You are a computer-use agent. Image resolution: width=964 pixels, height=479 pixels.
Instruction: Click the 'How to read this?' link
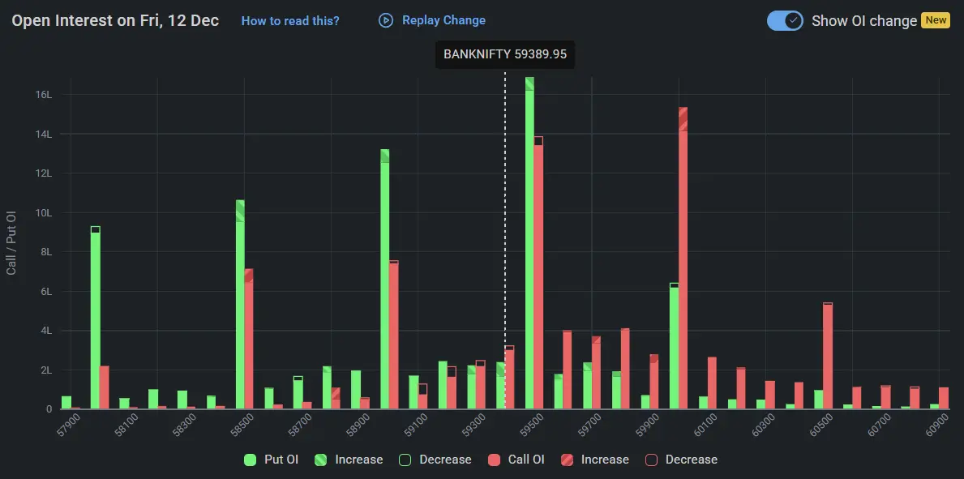(x=290, y=21)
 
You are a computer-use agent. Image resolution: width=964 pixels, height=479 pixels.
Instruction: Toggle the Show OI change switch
(x=785, y=21)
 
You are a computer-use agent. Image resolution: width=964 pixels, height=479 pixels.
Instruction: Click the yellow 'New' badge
(x=936, y=20)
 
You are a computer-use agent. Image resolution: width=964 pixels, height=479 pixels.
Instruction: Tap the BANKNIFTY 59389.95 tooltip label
(x=504, y=55)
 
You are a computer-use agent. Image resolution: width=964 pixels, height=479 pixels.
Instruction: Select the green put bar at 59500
(x=529, y=243)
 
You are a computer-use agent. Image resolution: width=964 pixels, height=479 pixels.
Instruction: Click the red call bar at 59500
(x=538, y=276)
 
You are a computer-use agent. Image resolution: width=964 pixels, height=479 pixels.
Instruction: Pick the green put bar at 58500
(x=240, y=308)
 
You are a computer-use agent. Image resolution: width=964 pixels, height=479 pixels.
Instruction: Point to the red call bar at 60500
(x=828, y=357)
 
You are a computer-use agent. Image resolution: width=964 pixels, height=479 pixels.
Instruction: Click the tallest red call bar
(x=683, y=259)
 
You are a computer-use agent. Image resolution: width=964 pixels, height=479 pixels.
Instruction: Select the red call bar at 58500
(x=249, y=340)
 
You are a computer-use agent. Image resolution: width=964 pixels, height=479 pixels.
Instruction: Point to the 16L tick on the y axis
(x=43, y=94)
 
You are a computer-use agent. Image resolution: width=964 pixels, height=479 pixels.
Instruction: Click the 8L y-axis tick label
(x=45, y=252)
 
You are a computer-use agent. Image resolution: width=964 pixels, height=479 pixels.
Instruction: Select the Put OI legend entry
(x=272, y=460)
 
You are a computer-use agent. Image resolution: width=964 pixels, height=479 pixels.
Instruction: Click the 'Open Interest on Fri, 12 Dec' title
(x=115, y=21)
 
